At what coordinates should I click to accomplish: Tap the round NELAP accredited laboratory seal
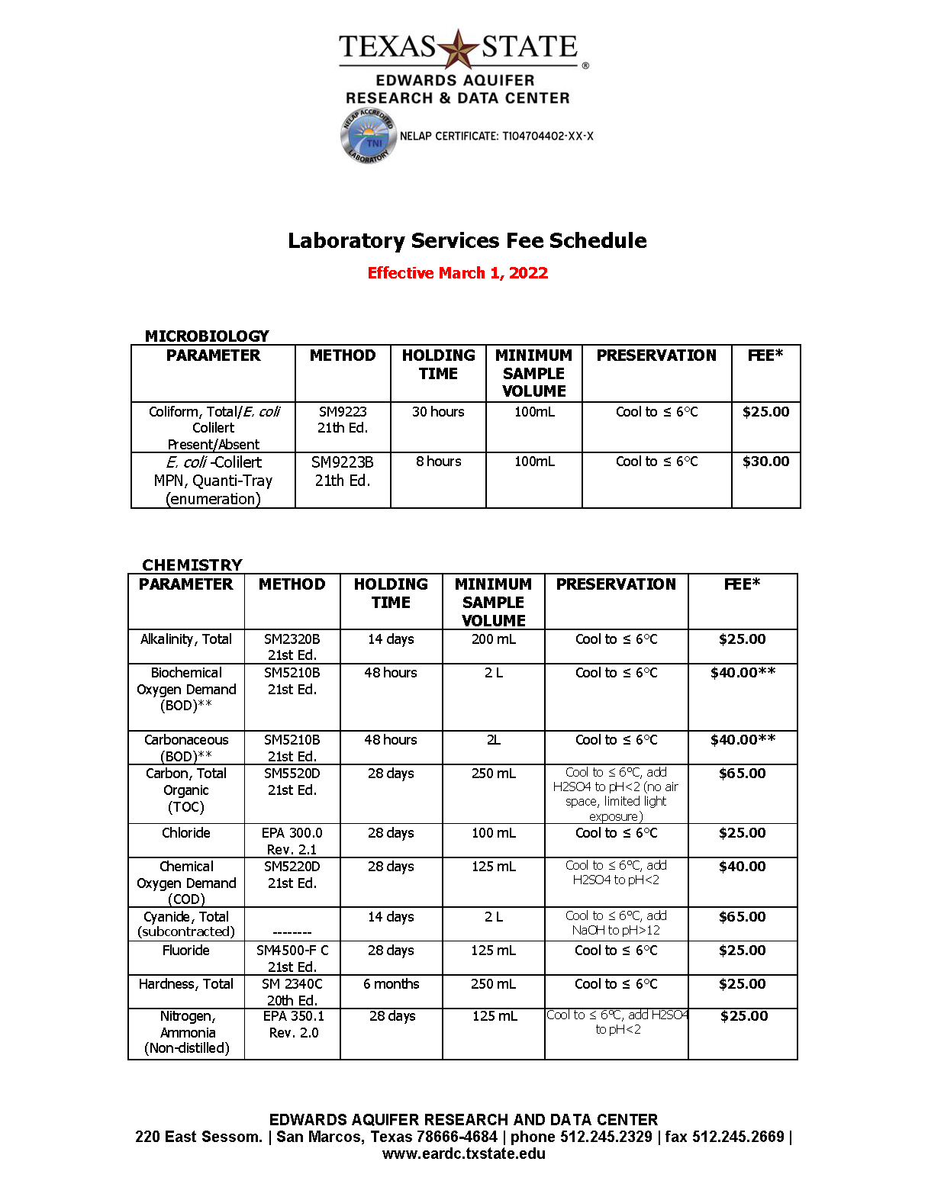click(x=367, y=137)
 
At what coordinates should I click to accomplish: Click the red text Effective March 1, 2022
click(x=458, y=273)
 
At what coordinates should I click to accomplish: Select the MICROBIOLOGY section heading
click(x=207, y=336)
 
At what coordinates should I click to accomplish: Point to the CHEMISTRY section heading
click(x=192, y=565)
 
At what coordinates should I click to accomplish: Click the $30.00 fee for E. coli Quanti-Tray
click(x=765, y=462)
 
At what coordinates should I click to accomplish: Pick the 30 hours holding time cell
click(x=438, y=412)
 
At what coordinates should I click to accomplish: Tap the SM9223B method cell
click(x=343, y=471)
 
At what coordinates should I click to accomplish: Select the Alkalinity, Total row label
click(x=186, y=639)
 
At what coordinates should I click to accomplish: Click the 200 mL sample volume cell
click(x=494, y=639)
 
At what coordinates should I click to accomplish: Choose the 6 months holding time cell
click(x=391, y=984)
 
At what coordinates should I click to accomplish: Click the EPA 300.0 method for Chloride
click(x=292, y=841)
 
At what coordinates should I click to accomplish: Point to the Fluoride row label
click(x=186, y=951)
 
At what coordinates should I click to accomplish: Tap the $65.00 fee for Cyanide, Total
click(x=742, y=917)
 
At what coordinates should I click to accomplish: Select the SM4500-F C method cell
click(x=292, y=958)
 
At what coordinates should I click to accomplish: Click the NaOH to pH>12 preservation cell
click(x=616, y=923)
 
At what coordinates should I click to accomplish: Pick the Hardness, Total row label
click(x=186, y=984)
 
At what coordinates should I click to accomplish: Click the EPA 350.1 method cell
click(x=294, y=1024)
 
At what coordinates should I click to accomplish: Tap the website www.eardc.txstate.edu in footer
click(x=464, y=1153)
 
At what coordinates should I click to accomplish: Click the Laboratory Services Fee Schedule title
click(x=467, y=241)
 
